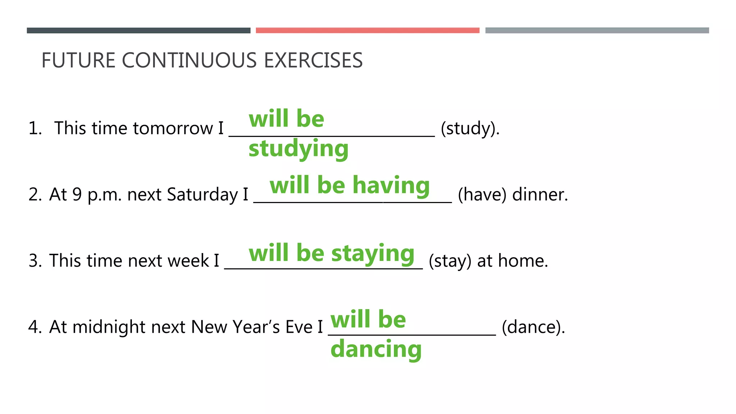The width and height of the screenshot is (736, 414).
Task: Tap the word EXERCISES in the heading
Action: [x=313, y=60]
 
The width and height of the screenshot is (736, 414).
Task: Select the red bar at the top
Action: [x=367, y=31]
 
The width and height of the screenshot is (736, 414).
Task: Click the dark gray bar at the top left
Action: [x=138, y=31]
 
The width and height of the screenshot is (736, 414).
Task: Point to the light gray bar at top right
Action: [x=597, y=31]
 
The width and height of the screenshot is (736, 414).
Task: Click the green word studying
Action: [x=298, y=149]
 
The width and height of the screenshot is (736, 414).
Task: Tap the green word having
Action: [x=391, y=185]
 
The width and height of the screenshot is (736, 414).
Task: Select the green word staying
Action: [x=373, y=253]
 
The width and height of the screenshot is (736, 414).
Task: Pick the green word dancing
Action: [x=376, y=349]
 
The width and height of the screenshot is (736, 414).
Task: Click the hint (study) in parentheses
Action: [x=470, y=128]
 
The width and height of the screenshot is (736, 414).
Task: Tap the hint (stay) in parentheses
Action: [x=450, y=261]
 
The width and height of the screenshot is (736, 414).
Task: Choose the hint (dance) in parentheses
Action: [x=533, y=327]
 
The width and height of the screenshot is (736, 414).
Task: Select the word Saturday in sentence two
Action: [x=202, y=194]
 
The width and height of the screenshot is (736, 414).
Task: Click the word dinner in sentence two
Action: [x=540, y=194]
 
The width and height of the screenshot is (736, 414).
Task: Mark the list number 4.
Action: [x=35, y=327]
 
